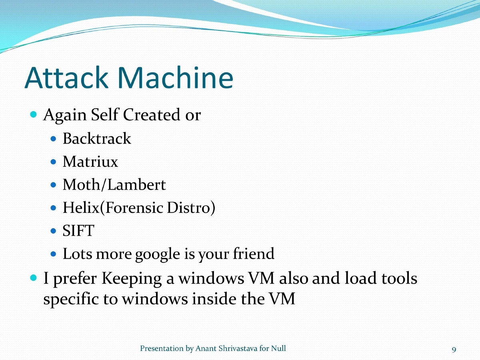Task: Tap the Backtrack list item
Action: click(x=97, y=139)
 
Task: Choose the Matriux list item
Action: click(x=90, y=162)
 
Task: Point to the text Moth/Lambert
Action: click(x=114, y=185)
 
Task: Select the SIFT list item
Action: click(x=78, y=231)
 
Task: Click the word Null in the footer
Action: click(x=278, y=348)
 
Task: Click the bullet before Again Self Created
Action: click(x=34, y=115)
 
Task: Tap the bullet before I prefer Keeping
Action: click(x=34, y=277)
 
